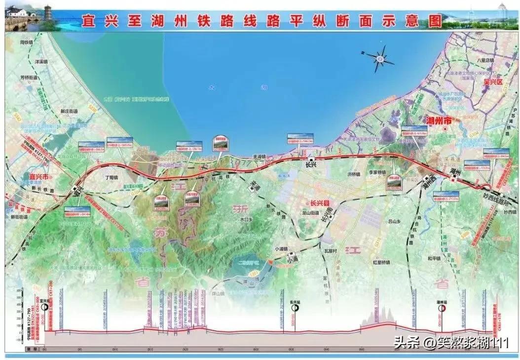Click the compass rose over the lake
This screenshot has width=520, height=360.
coord(379,58)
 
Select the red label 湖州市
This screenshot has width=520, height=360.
coord(435,120)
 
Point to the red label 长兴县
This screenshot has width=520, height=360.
coord(320,203)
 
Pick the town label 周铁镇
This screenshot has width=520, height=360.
coord(26,42)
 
